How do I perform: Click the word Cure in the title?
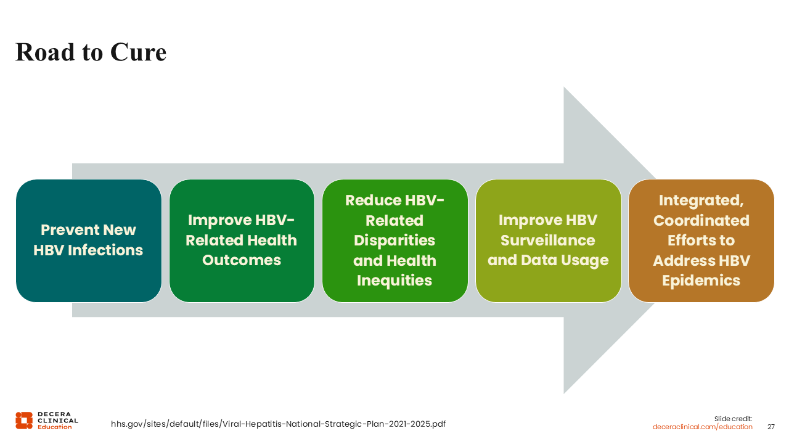click(x=138, y=52)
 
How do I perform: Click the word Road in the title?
click(x=45, y=52)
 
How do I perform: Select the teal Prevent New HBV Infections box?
click(x=89, y=240)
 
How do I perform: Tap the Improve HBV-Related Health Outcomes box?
click(x=242, y=240)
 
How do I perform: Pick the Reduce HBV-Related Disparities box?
click(x=395, y=240)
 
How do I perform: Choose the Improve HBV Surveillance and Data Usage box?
click(x=549, y=240)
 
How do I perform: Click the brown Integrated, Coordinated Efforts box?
click(x=701, y=240)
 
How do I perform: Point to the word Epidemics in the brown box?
click(x=701, y=281)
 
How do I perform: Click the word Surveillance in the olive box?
click(x=548, y=240)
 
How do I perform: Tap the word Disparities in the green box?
click(x=394, y=240)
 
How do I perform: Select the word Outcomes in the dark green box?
click(x=242, y=260)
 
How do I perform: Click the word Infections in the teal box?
click(x=105, y=250)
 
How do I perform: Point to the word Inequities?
click(x=394, y=281)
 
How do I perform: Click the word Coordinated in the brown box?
click(x=701, y=221)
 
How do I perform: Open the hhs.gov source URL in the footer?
click(x=278, y=424)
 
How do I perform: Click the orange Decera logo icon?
click(x=24, y=421)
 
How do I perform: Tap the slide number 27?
click(x=771, y=427)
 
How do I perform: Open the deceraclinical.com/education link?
click(x=702, y=427)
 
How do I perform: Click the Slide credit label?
click(x=733, y=419)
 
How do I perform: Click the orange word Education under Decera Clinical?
click(x=55, y=427)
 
